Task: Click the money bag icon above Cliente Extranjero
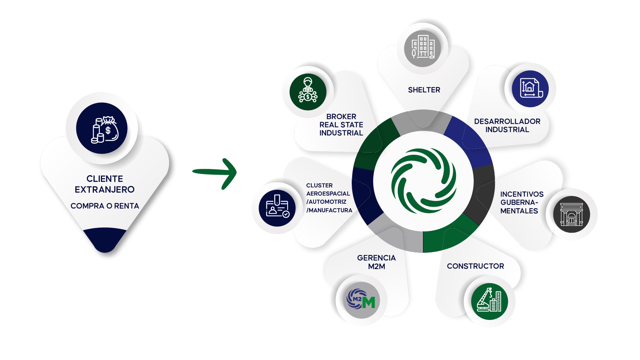pos(102,128)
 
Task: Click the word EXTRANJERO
pos(105,190)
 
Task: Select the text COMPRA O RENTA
pos(105,206)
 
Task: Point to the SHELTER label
pos(424,90)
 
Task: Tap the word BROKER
pos(341,117)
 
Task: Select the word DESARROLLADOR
pos(507,121)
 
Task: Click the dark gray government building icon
pos(571,215)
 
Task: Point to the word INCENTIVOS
pos(522,194)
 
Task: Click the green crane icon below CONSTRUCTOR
pos(489,301)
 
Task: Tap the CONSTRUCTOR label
pos(475,266)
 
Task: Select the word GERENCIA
pos(376,258)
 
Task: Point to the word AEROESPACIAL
pos(328,194)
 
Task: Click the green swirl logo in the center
pos(423,181)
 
